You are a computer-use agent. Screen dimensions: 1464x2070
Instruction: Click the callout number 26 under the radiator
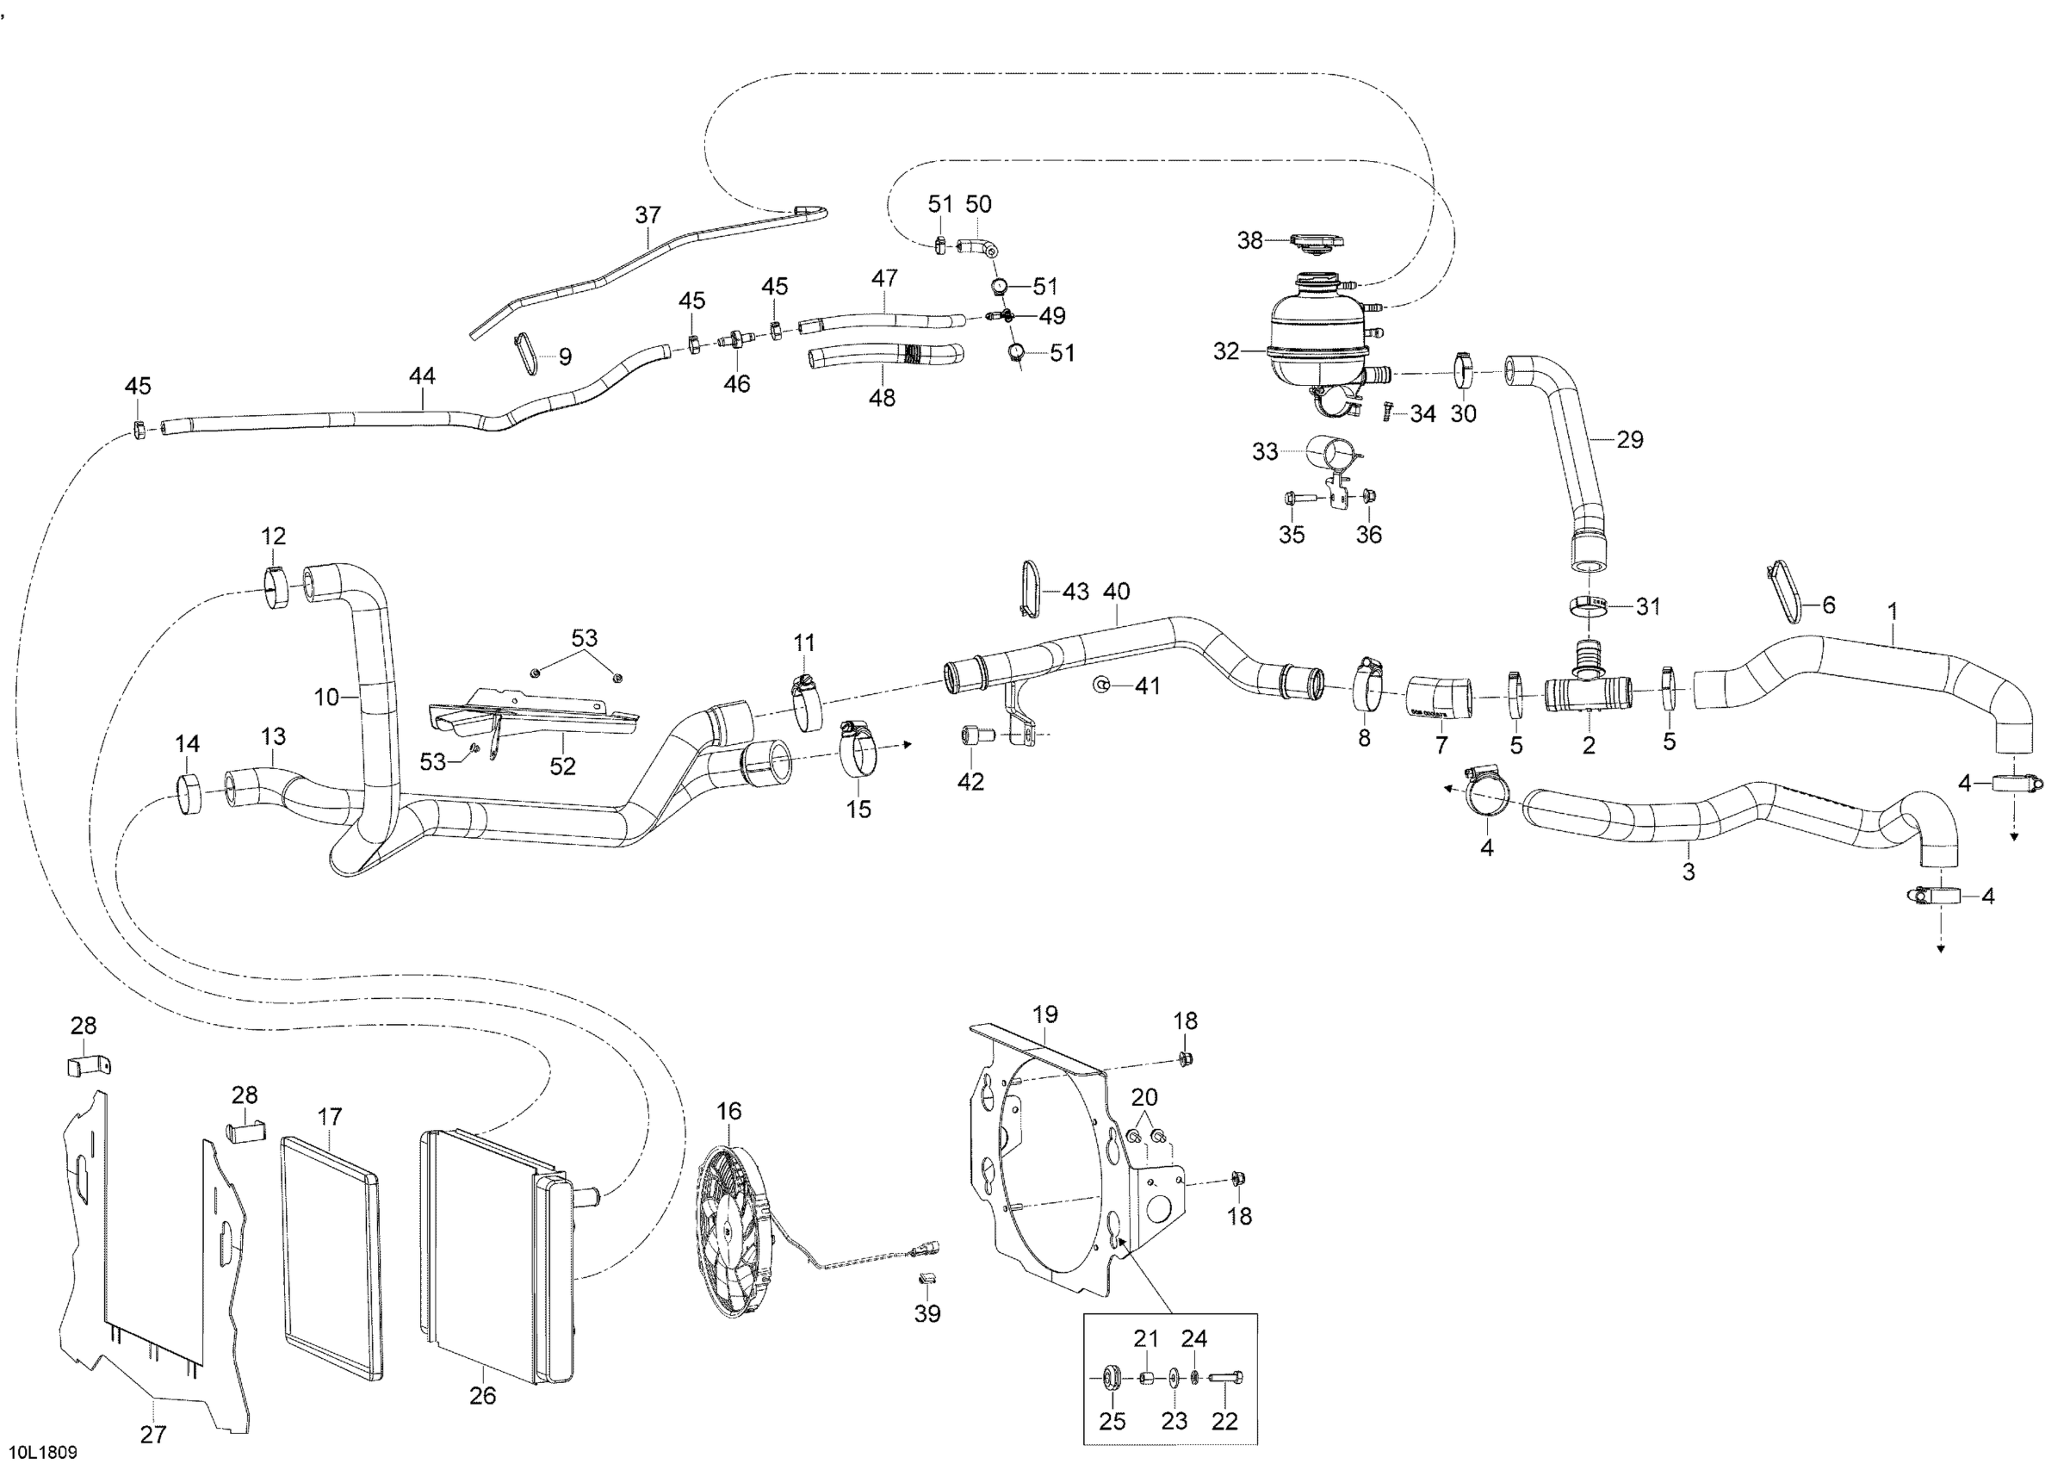click(482, 1395)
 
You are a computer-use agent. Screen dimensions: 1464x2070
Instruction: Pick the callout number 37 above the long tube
click(648, 214)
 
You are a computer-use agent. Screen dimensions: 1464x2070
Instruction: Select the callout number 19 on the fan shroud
click(1045, 1014)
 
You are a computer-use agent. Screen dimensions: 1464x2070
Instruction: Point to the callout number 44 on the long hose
click(422, 376)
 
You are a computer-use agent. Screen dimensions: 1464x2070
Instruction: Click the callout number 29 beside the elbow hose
click(1629, 439)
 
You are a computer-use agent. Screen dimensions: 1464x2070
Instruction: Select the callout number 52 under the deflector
click(562, 766)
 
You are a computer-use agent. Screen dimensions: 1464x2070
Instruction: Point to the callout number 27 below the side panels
click(153, 1433)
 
